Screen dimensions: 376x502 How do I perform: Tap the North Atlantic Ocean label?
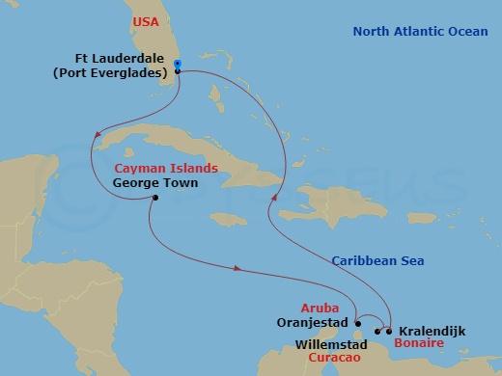click(x=419, y=32)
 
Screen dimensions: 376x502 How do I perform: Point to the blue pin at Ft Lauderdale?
click(x=178, y=65)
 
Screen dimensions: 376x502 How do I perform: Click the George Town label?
click(x=155, y=182)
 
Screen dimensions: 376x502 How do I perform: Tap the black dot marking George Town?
click(x=154, y=200)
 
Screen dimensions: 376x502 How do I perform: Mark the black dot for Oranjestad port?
click(x=357, y=323)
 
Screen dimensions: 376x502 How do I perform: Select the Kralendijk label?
click(x=432, y=331)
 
